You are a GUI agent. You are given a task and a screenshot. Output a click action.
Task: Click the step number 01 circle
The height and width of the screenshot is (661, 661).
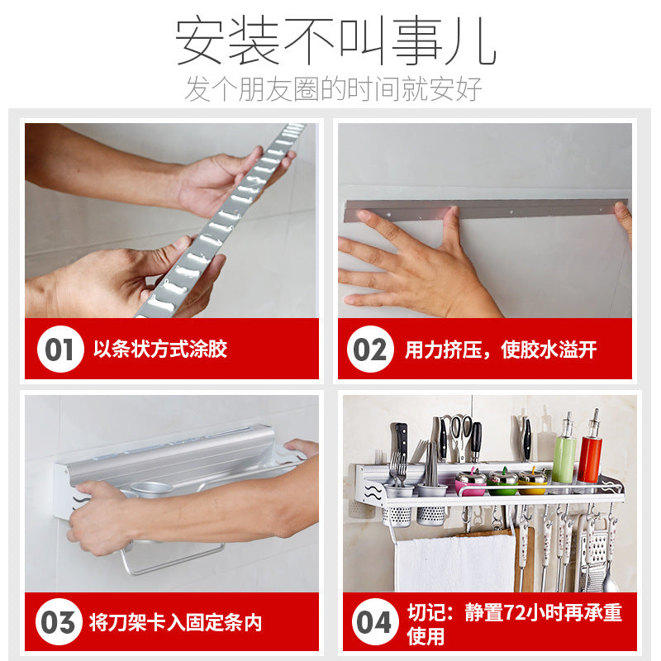[x=59, y=350]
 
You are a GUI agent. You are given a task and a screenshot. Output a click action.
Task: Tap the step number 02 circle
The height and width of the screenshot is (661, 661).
[x=369, y=350]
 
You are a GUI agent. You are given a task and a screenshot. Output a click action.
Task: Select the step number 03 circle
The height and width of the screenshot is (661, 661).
[x=58, y=622]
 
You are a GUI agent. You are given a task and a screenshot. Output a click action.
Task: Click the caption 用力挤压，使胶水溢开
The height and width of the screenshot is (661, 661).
[x=500, y=350]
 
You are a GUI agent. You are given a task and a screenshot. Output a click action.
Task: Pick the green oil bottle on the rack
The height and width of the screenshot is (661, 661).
[x=564, y=450]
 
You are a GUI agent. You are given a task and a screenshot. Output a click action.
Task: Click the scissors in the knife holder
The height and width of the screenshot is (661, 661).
[x=460, y=433]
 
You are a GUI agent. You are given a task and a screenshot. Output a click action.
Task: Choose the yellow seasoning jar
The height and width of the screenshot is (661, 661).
[x=532, y=480]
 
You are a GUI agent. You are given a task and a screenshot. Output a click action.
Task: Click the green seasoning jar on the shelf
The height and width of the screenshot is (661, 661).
[x=502, y=480]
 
